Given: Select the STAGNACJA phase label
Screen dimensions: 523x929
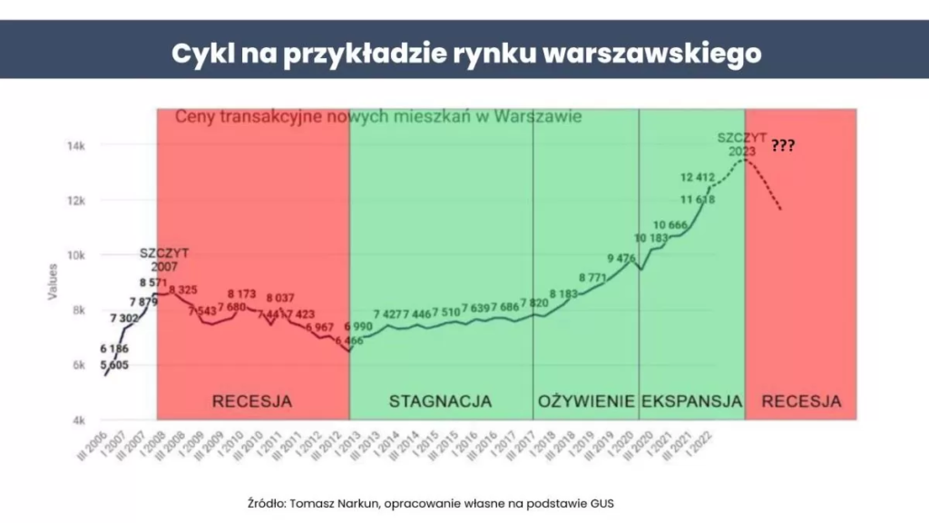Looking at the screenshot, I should tap(440, 400).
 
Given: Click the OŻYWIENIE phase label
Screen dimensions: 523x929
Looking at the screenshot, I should tap(586, 400).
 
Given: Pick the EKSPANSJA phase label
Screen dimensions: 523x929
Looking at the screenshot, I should tap(691, 400).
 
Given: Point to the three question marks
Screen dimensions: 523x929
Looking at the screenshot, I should tap(783, 144).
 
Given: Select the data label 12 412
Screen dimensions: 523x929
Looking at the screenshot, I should tap(699, 178).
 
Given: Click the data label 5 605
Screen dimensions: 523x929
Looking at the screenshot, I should tap(114, 364).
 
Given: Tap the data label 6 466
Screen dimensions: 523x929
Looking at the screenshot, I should tap(348, 340).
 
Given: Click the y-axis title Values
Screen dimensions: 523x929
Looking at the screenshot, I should tap(53, 282).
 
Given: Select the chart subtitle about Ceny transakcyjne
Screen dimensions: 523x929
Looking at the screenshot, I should tap(377, 117).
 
